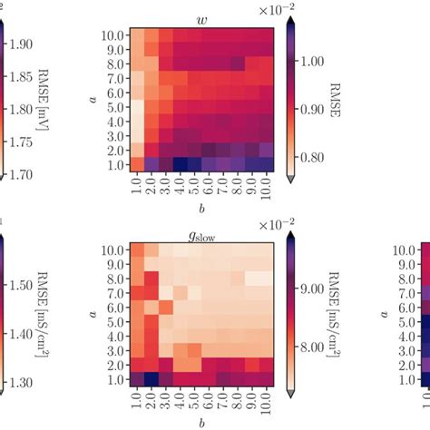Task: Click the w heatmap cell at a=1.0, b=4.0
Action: click(180, 163)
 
